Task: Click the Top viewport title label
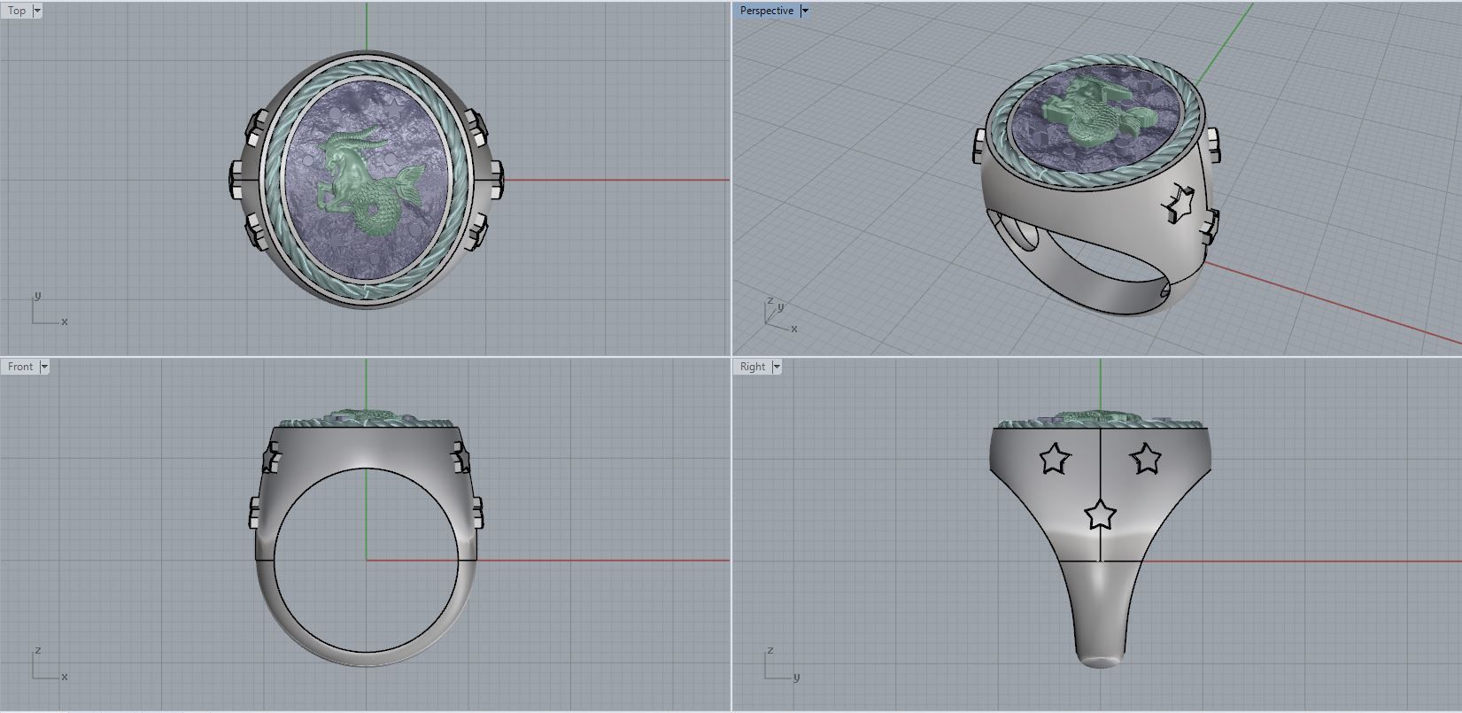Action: tap(17, 11)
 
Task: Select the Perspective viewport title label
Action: tap(766, 11)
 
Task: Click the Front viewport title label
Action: tap(19, 366)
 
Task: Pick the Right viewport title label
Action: tap(753, 366)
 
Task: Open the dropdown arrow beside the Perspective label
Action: tap(804, 11)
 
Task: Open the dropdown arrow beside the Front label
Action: tap(44, 366)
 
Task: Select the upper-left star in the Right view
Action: tap(1054, 459)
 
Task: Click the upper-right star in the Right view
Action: tap(1146, 458)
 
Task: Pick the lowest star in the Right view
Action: tap(1100, 513)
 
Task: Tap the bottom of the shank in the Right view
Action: tap(1100, 660)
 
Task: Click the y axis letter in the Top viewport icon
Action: tap(37, 296)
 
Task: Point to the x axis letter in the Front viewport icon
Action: tap(65, 677)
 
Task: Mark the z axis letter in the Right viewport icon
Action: tap(770, 650)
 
